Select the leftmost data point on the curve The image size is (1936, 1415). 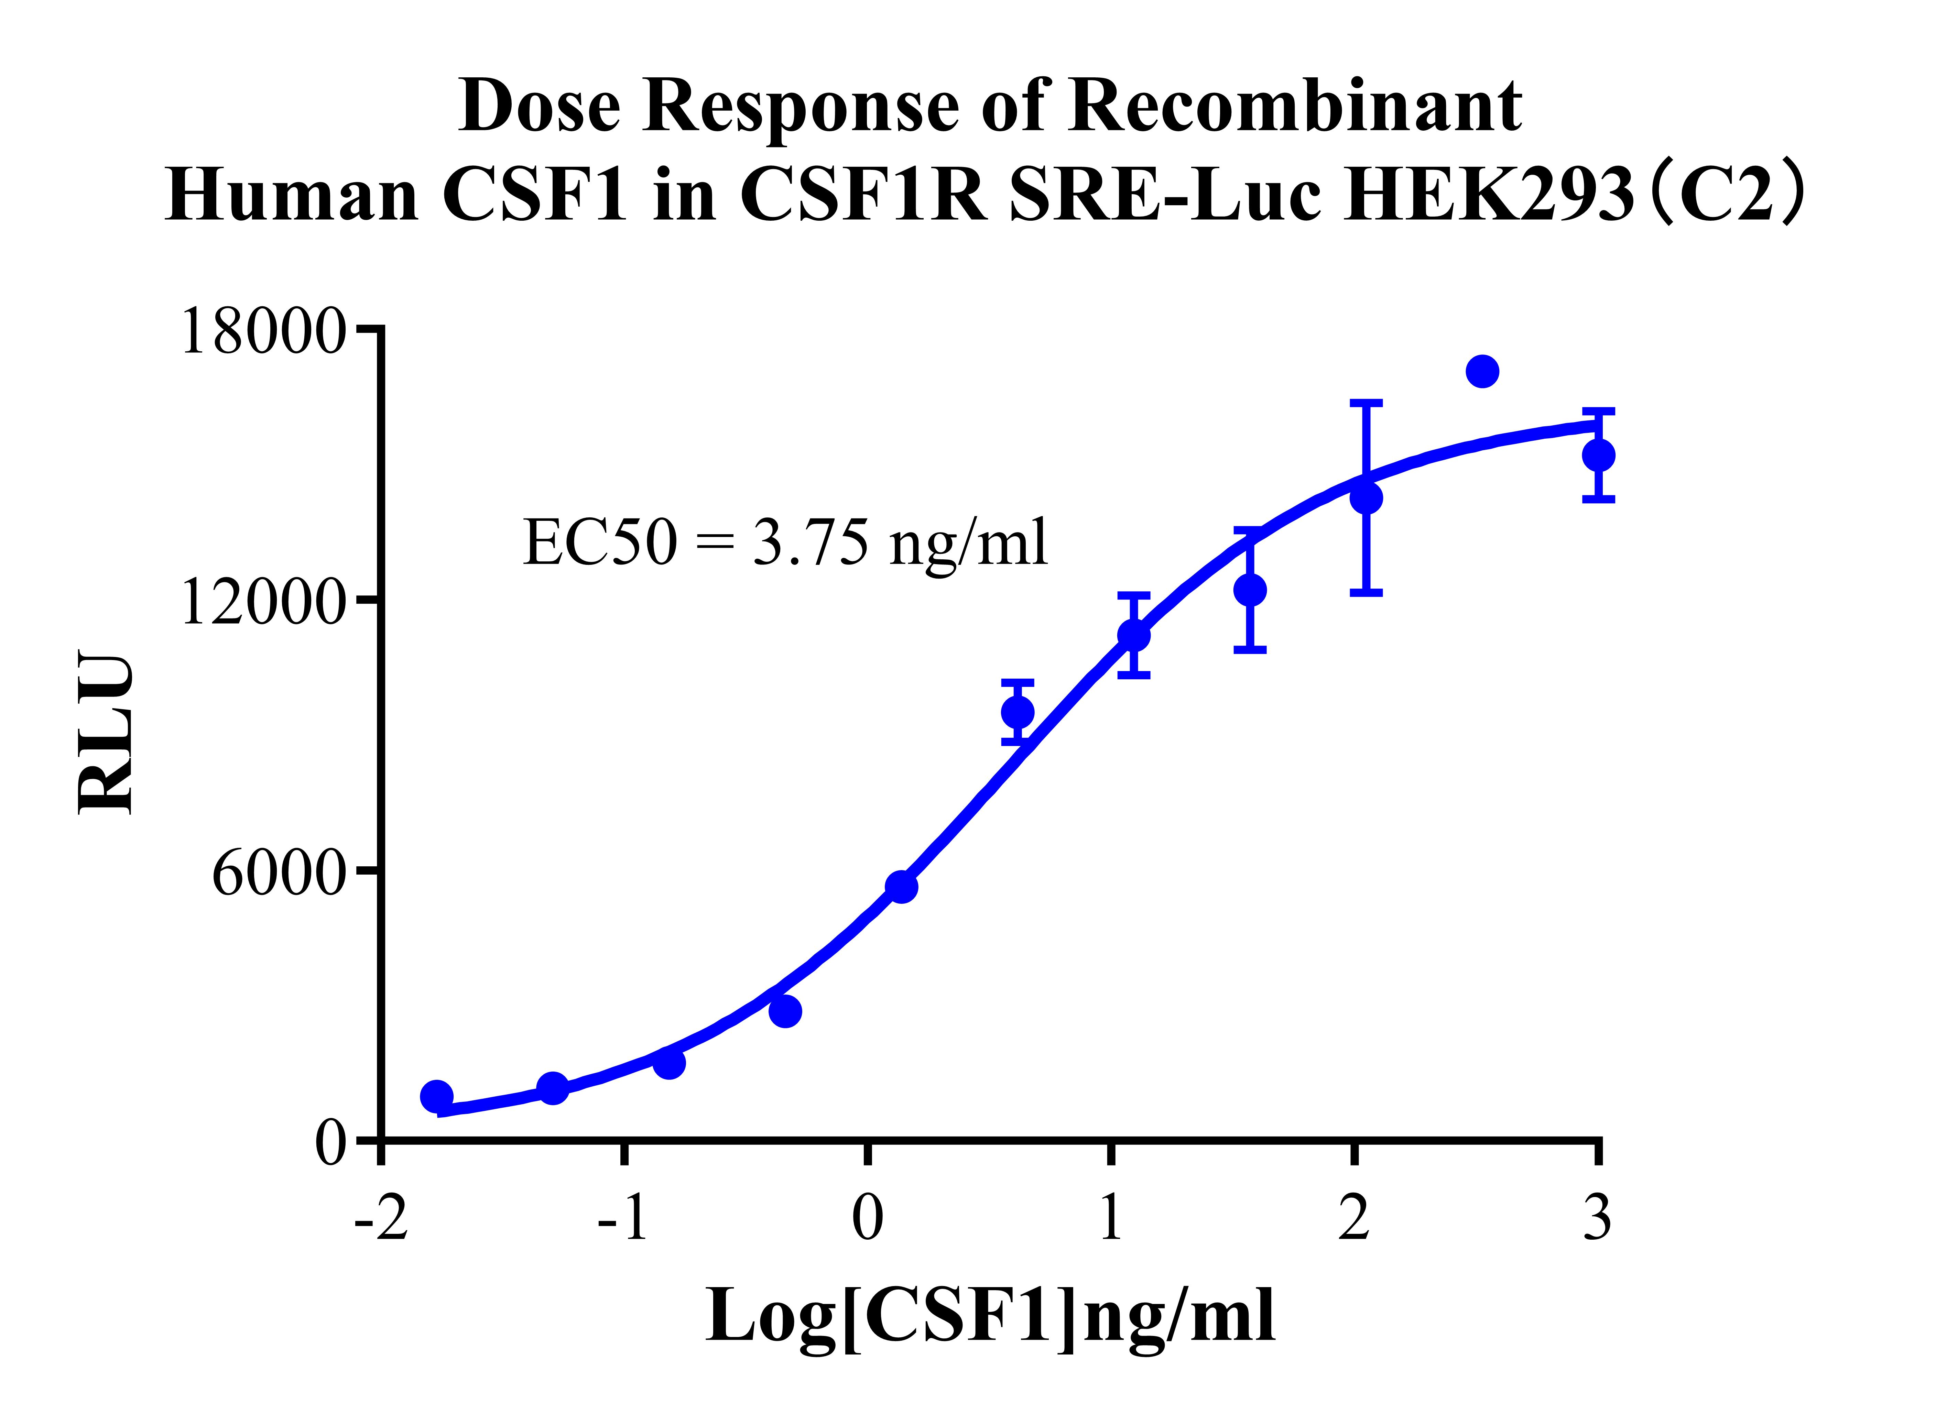point(437,1096)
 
